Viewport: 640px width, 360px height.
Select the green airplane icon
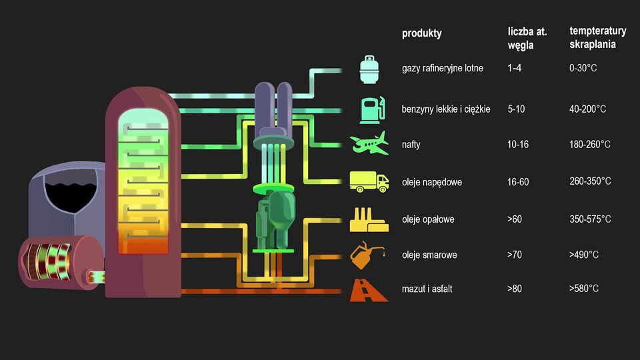pyautogui.click(x=369, y=143)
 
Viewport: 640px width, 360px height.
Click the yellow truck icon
pyautogui.click(x=369, y=181)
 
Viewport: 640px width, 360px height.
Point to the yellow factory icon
pyautogui.click(x=369, y=219)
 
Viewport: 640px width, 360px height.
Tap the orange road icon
pyautogui.click(x=369, y=290)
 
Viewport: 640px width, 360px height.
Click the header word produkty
pyautogui.click(x=421, y=33)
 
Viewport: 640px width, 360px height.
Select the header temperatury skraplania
pyautogui.click(x=597, y=38)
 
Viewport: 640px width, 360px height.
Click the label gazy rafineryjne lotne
pyautogui.click(x=443, y=68)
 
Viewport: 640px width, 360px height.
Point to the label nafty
pyautogui.click(x=411, y=145)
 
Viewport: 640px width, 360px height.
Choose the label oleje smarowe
pyautogui.click(x=429, y=255)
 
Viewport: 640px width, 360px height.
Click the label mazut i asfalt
pyautogui.click(x=427, y=289)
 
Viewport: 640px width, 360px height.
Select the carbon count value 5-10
pyautogui.click(x=516, y=109)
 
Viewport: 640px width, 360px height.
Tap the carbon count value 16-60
pyautogui.click(x=518, y=181)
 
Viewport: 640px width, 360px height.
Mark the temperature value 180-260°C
pyautogui.click(x=590, y=145)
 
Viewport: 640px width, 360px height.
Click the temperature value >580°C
pyautogui.click(x=584, y=289)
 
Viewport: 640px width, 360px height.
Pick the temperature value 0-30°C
pyautogui.click(x=583, y=68)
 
